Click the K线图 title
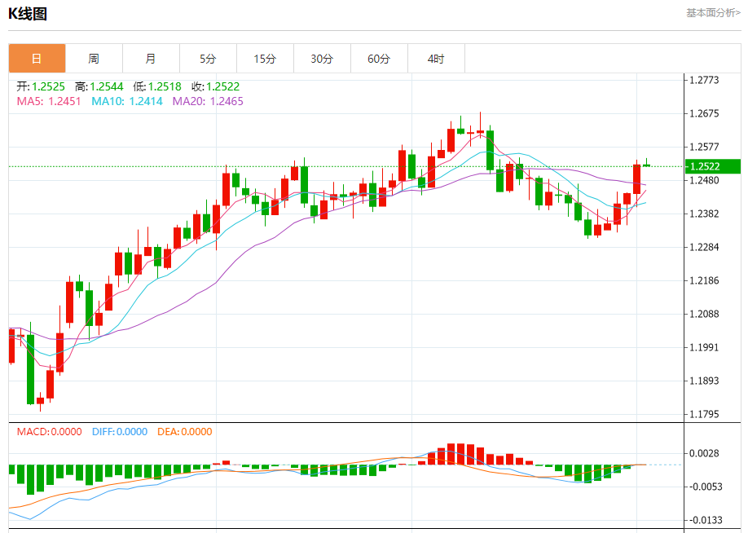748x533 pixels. coord(28,13)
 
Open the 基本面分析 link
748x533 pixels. coord(713,13)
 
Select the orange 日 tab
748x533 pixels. coord(37,59)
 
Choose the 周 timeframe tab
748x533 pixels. coord(94,59)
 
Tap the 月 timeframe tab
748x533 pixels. coord(151,59)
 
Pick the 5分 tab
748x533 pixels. coord(208,59)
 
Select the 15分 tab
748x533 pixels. coord(265,59)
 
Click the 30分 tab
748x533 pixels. coord(322,59)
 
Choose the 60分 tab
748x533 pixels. coord(379,59)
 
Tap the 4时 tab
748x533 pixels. coord(436,59)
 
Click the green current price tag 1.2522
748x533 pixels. coord(713,166)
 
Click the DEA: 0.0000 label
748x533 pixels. coord(184,432)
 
